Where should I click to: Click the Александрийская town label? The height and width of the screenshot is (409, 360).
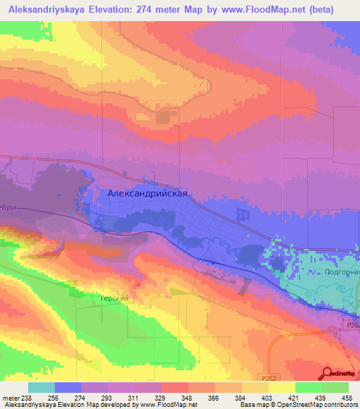(148, 194)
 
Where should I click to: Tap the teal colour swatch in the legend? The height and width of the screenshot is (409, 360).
(41, 387)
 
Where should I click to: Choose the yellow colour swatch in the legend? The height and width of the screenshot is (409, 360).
(281, 387)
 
